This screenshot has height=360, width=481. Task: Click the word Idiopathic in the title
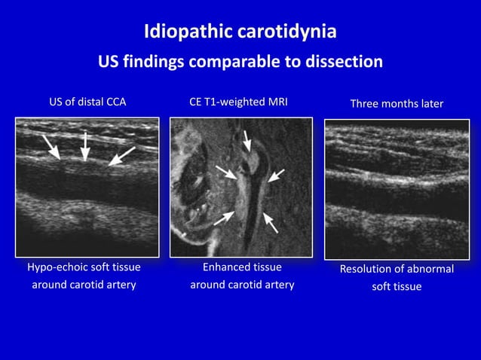click(x=177, y=33)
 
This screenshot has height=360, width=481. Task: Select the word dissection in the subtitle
click(x=345, y=62)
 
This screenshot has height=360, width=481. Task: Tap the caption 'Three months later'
click(x=397, y=103)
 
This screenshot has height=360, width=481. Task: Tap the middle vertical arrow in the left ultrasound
click(x=85, y=145)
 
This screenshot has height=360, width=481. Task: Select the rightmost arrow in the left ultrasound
click(x=121, y=156)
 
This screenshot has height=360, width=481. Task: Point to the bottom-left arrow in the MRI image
click(x=224, y=218)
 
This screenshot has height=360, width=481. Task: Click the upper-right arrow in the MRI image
click(x=276, y=175)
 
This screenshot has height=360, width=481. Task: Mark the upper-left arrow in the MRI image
click(x=226, y=172)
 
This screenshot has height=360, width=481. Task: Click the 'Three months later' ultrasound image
click(x=397, y=189)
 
